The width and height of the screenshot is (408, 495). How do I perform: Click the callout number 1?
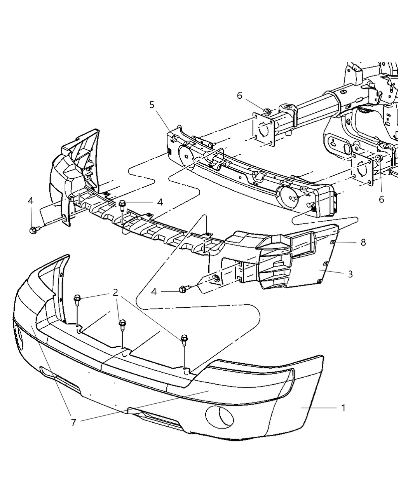(343, 408)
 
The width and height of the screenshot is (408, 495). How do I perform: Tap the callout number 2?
(115, 293)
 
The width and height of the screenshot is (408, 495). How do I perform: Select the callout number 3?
(350, 274)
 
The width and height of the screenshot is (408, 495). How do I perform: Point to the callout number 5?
(152, 105)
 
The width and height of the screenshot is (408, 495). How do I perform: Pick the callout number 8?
(363, 242)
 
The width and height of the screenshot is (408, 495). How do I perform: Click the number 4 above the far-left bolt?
(31, 200)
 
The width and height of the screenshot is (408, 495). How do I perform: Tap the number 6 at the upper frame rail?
(240, 96)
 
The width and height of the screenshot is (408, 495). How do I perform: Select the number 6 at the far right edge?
(382, 199)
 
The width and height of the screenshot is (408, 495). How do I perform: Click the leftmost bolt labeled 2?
(77, 300)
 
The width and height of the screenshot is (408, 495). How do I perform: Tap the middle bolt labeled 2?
(122, 325)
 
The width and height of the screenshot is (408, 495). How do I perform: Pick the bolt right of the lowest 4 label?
(185, 289)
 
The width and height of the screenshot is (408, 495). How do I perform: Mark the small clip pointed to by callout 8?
(333, 242)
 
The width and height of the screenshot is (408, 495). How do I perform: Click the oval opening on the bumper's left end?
(19, 338)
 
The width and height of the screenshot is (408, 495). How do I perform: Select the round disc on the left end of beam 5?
(186, 156)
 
